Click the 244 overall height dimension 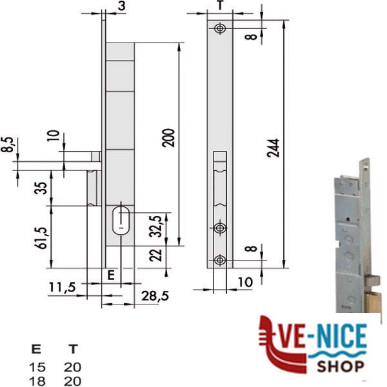click(273, 148)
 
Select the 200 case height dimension click(168, 138)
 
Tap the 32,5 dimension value click(155, 226)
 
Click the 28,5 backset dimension click(155, 295)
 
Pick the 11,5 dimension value click(63, 287)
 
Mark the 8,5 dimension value click(7, 144)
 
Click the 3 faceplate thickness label click(121, 6)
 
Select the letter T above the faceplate click(221, 5)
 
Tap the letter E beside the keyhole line click(112, 275)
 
